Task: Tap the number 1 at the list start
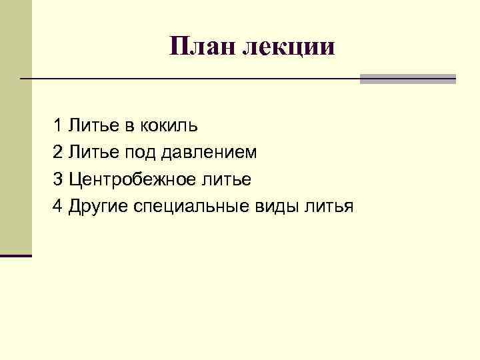coord(58,125)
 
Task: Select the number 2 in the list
coord(58,152)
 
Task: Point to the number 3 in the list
coord(58,179)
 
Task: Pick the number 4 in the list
coord(58,206)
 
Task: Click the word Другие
coord(98,207)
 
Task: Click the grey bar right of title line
coord(407,79)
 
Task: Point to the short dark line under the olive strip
coord(16,255)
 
